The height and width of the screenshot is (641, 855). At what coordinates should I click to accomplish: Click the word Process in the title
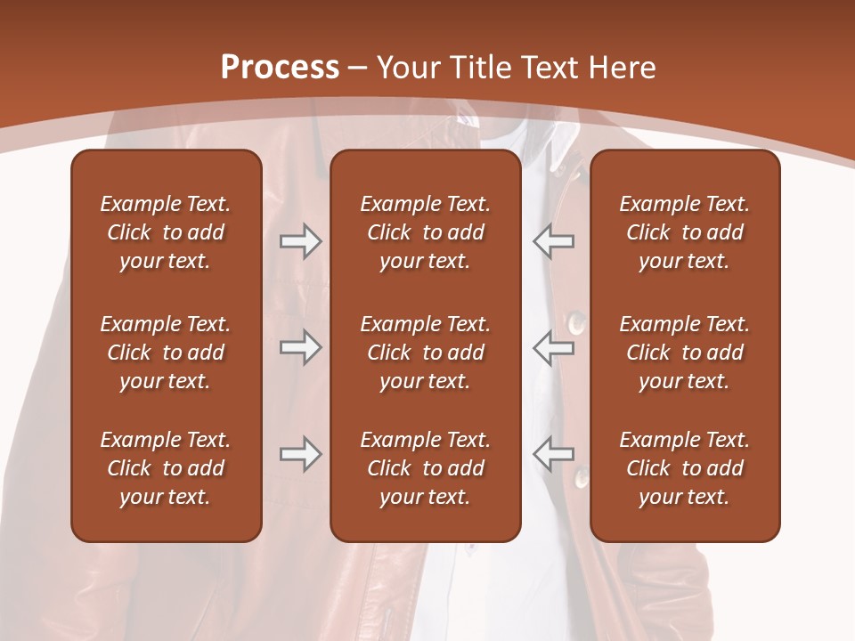(x=280, y=68)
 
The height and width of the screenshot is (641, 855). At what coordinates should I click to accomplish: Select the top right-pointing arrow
(x=300, y=241)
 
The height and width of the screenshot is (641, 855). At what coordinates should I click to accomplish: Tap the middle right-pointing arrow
(x=300, y=347)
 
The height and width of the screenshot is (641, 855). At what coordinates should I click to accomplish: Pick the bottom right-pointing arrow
(x=300, y=454)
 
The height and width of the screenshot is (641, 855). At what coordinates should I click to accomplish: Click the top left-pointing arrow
(x=553, y=241)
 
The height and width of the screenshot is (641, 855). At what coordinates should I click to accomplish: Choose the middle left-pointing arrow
(x=553, y=347)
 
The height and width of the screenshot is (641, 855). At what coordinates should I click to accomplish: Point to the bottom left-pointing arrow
(x=553, y=454)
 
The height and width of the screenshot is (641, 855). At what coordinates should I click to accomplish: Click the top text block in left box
(x=166, y=232)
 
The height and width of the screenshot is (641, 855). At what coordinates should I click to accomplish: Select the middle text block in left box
(x=166, y=353)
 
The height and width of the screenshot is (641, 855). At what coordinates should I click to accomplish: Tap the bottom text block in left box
(x=166, y=468)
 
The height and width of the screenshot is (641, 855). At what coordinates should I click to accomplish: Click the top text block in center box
(x=425, y=232)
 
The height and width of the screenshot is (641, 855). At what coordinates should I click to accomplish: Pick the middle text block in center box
(x=425, y=353)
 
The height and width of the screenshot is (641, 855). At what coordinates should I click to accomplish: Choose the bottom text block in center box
(x=425, y=468)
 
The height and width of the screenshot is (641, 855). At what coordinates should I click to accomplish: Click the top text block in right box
(x=685, y=232)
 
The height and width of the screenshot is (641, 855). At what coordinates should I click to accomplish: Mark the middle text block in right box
(x=685, y=353)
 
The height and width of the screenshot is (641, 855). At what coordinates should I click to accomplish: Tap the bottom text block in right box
(x=685, y=468)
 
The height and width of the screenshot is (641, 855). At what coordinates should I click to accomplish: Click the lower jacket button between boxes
(x=581, y=478)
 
